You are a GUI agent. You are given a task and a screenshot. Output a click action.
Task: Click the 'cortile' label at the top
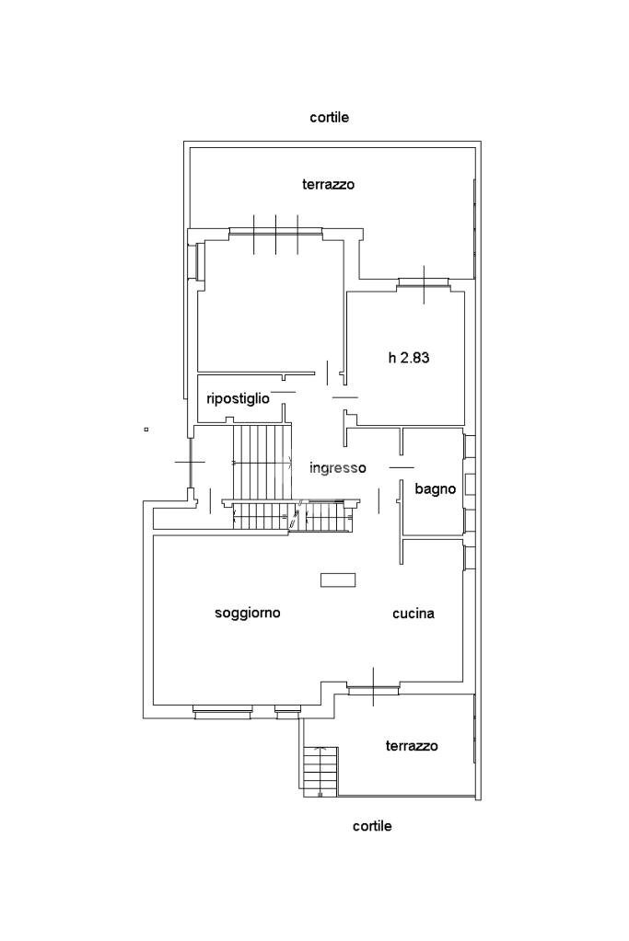coord(329,118)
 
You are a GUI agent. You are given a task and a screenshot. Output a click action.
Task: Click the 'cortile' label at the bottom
coord(372,826)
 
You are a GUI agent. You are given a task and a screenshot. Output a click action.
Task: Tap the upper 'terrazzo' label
coord(328,185)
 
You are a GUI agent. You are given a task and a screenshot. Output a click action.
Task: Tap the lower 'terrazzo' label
coord(411,746)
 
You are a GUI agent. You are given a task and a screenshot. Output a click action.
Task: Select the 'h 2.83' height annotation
coord(409,358)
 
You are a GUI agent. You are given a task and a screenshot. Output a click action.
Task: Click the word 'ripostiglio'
coord(238,398)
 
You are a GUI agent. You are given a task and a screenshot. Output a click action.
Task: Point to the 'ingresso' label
coord(338,468)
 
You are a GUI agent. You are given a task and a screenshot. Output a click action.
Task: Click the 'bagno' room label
coord(435,489)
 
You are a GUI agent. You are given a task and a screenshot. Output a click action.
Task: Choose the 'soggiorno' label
coord(247,613)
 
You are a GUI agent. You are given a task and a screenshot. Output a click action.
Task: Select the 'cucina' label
coord(413,614)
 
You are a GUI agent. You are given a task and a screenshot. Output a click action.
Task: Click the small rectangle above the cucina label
coord(338,580)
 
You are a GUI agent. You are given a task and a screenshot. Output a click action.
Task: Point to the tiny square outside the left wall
coord(146,429)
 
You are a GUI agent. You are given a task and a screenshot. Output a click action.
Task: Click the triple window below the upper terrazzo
coord(275,233)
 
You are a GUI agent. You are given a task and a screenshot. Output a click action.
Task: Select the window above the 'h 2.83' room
coord(424,283)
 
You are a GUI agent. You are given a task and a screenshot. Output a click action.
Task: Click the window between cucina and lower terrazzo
coord(373,687)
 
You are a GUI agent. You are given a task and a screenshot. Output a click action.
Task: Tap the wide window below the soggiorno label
coord(222,709)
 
